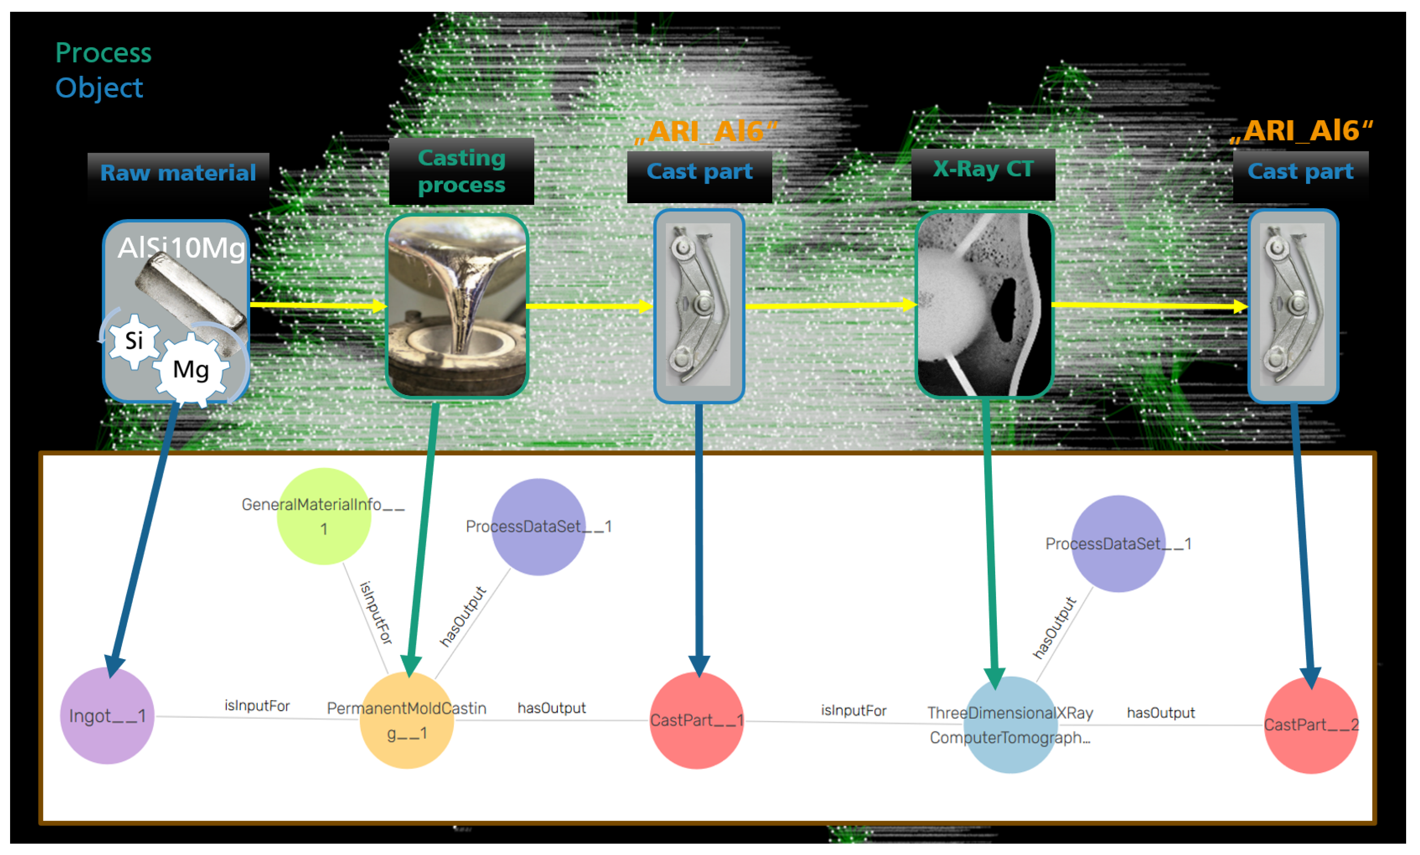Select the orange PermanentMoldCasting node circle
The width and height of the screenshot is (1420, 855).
coord(407,720)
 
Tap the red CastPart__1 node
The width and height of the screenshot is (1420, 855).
coord(697,720)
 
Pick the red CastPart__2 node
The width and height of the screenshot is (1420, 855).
coord(1311,725)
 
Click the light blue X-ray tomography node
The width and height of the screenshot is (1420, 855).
coord(1010,725)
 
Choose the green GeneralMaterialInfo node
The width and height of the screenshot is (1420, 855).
coord(324,516)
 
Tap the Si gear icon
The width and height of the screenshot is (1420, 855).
coord(134,341)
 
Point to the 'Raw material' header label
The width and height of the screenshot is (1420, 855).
coord(178,173)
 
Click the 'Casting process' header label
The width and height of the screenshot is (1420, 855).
coord(461,171)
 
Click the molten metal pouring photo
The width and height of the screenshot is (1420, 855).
coord(457,305)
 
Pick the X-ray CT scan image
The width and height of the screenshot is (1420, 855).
coord(984,304)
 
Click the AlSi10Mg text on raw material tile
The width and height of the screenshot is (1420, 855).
coord(181,248)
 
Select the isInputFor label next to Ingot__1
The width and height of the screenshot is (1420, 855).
coord(257,706)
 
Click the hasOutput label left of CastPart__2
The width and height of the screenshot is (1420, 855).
coord(1160,713)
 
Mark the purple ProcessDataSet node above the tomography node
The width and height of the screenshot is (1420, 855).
coord(1118,543)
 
